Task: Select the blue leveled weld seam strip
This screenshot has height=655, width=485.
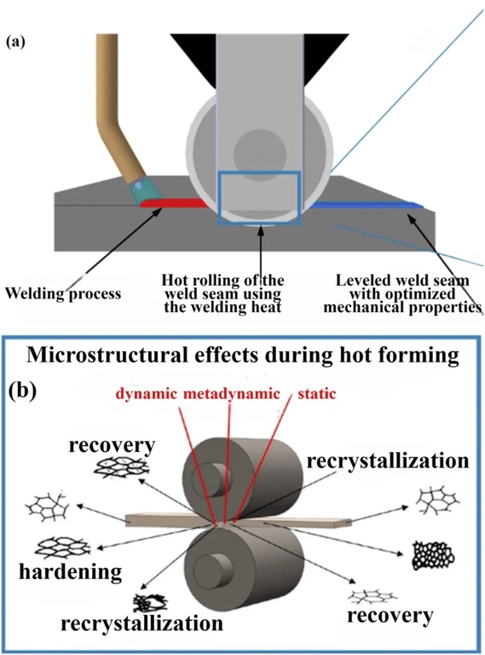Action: pyautogui.click(x=367, y=205)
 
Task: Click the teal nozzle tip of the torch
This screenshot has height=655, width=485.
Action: pyautogui.click(x=146, y=191)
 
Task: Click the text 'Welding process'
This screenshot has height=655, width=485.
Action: pyautogui.click(x=63, y=293)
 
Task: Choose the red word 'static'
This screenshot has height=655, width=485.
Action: pyautogui.click(x=317, y=393)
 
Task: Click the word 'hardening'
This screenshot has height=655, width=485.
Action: pyautogui.click(x=71, y=571)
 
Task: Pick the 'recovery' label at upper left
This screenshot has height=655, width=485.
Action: pyautogui.click(x=112, y=446)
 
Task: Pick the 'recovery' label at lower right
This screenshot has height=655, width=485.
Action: pyautogui.click(x=390, y=616)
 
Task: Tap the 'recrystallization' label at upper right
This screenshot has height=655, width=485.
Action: pyautogui.click(x=388, y=461)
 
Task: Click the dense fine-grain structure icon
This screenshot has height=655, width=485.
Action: pyautogui.click(x=433, y=554)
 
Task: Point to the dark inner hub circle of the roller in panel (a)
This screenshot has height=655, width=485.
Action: pyautogui.click(x=260, y=154)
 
